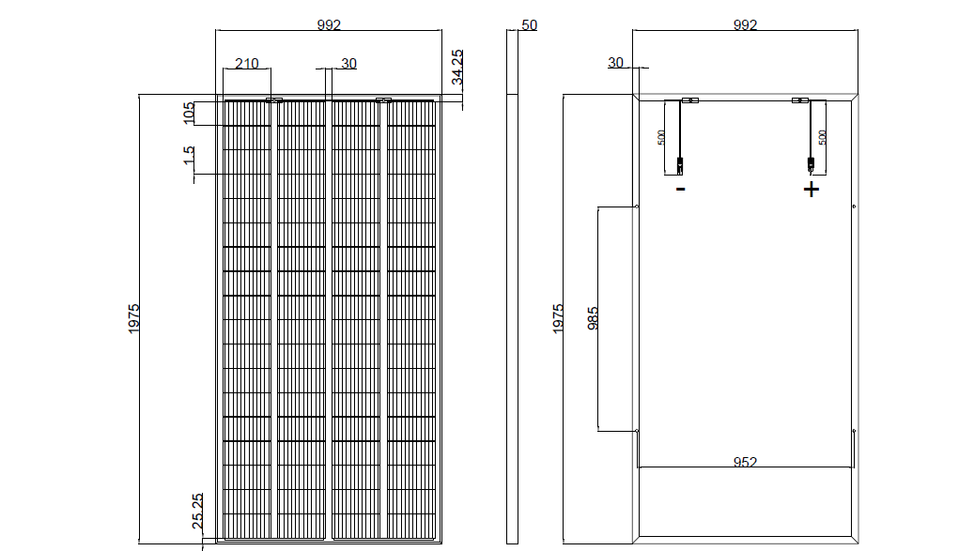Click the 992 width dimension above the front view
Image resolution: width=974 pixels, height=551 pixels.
pos(329,24)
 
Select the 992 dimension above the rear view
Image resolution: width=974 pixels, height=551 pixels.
pos(745,24)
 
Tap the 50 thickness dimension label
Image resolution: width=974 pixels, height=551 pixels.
pos(529,24)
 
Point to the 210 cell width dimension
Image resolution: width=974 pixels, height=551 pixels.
pos(247,63)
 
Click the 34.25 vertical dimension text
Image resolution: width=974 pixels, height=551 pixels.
pos(457,67)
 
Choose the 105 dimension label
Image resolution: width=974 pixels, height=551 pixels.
pos(189,113)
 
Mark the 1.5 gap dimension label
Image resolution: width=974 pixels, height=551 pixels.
pos(189,155)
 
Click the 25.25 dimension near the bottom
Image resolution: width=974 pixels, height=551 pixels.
pos(197,512)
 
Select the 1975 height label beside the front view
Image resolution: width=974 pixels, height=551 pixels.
pos(133,319)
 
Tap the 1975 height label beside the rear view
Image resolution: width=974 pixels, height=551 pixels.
pos(558,319)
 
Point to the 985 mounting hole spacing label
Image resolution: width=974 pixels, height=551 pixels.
pos(593,318)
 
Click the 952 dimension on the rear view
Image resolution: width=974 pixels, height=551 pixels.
pos(745,462)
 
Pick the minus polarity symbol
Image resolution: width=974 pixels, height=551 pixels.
pos(681,189)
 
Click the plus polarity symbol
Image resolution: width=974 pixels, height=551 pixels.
pos(812,190)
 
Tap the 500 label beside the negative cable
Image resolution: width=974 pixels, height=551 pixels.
pos(661,138)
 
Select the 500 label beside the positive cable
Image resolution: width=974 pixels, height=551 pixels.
pos(823,138)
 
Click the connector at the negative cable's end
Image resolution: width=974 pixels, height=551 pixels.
pos(680,165)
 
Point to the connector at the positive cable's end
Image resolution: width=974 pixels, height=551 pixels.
pos(811,165)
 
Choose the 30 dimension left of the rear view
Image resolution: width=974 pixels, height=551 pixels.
pos(615,63)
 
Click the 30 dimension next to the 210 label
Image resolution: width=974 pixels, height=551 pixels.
pos(349,63)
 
